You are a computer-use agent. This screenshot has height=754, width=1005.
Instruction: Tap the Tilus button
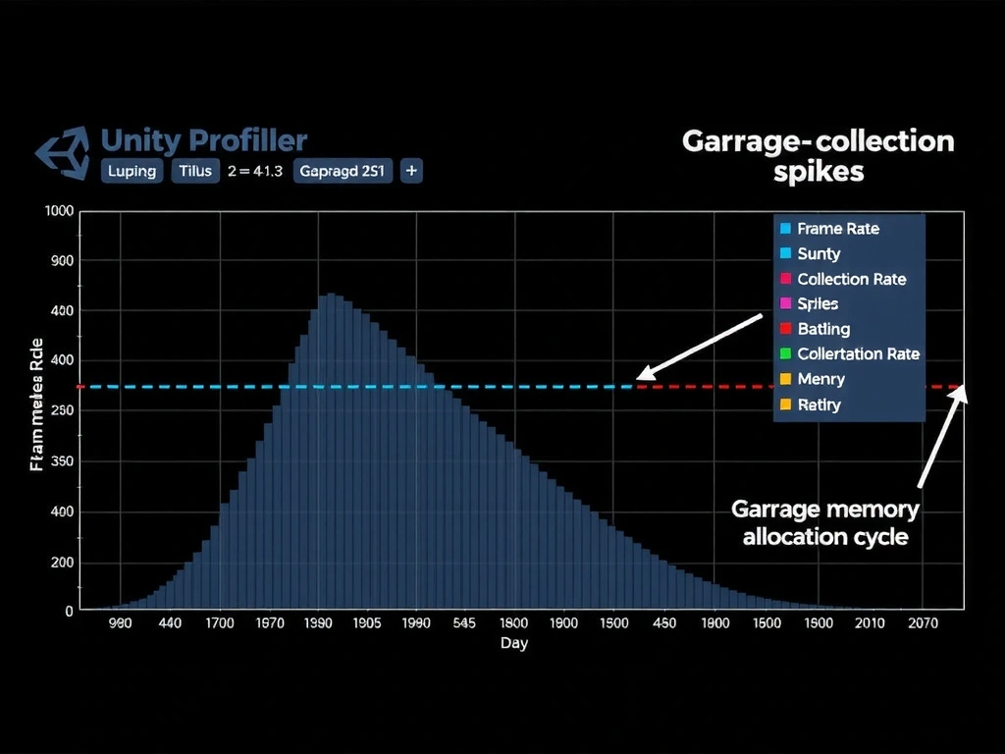coord(195,171)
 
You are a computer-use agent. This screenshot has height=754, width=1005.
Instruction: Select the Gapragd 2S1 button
coord(342,171)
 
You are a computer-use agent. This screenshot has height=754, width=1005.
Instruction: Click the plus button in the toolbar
coord(411,171)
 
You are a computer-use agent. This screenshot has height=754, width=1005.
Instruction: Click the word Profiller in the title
coord(248,140)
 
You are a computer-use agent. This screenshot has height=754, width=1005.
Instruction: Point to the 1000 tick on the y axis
coord(59,210)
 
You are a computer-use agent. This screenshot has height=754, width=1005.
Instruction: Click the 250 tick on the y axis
coord(62,410)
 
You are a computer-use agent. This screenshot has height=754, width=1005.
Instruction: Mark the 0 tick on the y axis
coord(69,611)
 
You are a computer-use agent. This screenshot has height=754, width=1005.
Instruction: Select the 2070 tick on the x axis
coord(923,623)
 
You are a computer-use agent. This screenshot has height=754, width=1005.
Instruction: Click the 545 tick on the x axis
coord(465,623)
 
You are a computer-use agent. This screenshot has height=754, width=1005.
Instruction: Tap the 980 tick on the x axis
coord(120,623)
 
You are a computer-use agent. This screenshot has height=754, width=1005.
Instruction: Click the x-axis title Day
coord(513,643)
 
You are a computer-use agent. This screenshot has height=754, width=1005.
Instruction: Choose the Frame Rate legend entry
coord(837,229)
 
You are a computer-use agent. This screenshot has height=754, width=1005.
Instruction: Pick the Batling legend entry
coord(823,329)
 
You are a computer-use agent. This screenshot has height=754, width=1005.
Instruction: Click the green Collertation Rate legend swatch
coord(784,353)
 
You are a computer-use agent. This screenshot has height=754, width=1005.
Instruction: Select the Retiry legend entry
coord(819,404)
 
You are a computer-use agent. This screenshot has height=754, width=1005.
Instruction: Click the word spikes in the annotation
coord(818,172)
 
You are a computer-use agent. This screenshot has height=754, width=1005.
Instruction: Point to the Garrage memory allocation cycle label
coord(825,523)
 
